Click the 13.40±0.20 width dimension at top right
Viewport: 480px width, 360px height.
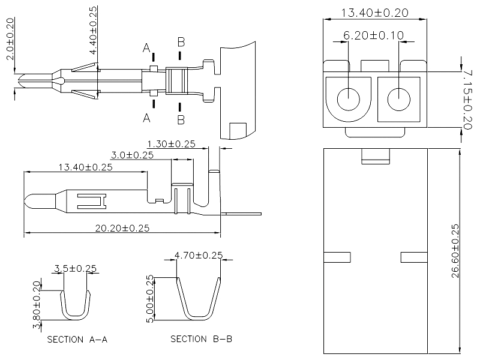(376, 12)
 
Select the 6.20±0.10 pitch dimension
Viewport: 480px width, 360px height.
(373, 35)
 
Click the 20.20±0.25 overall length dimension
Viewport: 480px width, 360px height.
(122, 227)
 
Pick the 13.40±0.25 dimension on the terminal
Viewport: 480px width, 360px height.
(85, 167)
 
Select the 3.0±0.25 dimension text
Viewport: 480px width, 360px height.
(132, 155)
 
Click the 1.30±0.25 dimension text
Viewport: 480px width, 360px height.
(172, 144)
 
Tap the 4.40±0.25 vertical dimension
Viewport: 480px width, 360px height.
(93, 30)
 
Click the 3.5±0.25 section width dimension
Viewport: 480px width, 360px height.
(76, 268)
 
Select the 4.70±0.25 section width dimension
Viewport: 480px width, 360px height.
(199, 255)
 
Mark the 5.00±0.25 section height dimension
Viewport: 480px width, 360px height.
(150, 298)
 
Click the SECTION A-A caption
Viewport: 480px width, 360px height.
(77, 340)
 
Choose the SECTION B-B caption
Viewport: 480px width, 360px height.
(201, 339)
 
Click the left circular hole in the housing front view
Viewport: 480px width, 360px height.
(349, 99)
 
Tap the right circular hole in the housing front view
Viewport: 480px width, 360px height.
(400, 99)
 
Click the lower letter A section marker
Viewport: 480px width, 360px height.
(146, 118)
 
